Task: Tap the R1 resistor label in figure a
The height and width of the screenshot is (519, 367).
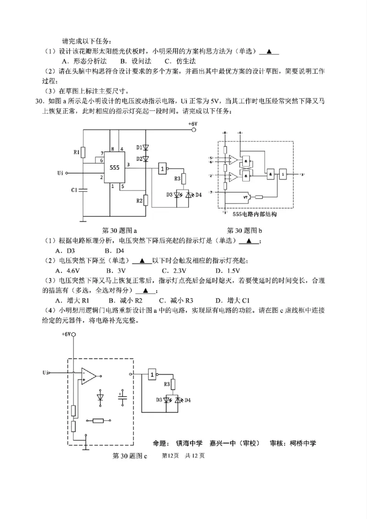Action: [x=77, y=151]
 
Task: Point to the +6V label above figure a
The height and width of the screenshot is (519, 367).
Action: [x=192, y=124]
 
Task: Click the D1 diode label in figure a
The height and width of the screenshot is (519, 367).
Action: [x=138, y=147]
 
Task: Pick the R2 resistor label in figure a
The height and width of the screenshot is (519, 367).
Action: [x=139, y=200]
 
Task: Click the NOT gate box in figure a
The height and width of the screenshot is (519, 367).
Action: [x=163, y=169]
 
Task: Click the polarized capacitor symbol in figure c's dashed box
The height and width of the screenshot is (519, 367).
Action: [x=122, y=397]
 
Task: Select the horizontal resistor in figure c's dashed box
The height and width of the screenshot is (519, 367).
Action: [x=101, y=420]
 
